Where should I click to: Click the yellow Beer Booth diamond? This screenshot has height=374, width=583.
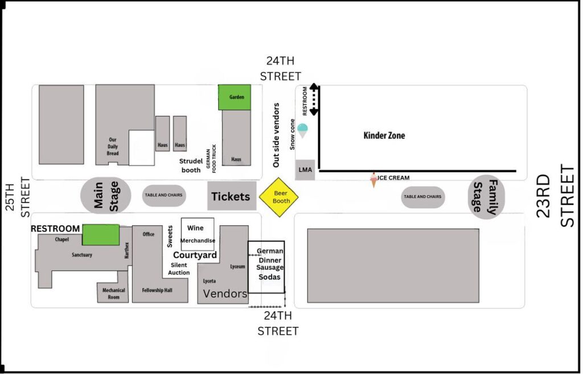coord(278,197)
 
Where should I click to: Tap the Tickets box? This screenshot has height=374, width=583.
coord(231,196)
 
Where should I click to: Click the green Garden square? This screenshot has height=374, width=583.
coord(235,97)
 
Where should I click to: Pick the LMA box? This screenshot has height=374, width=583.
coord(305,170)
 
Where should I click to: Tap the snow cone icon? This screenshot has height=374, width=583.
coord(303,130)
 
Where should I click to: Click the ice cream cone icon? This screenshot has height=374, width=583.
coord(373,180)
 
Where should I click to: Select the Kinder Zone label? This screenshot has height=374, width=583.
coord(384,135)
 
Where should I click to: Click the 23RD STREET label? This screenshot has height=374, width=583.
coord(556,196)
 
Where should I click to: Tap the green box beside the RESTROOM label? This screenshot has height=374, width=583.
coord(101,235)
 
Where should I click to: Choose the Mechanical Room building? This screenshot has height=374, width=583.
coord(113,293)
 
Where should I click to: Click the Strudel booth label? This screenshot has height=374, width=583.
coord(190,165)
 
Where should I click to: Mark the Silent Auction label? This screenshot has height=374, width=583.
coord(179,269)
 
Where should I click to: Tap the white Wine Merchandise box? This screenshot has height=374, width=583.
coord(198,234)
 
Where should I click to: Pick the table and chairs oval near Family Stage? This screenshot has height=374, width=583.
coord(422,196)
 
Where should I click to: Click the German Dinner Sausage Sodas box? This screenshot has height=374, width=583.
coord(266,267)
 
